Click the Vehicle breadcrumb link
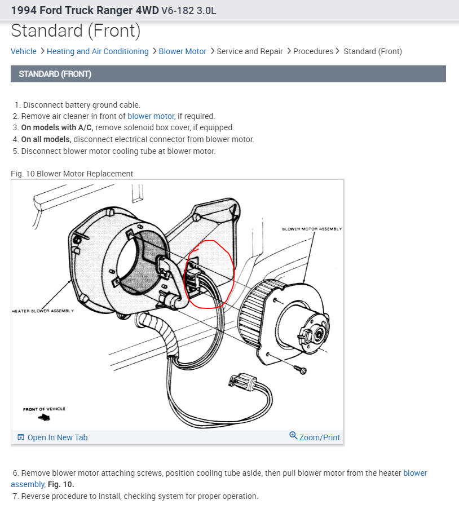tap(24, 51)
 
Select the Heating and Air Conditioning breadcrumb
tap(98, 51)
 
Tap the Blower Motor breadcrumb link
tap(182, 51)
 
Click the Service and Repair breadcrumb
tap(250, 51)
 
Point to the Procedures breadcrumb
tap(313, 51)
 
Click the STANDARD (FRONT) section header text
tap(55, 74)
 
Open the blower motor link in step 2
tap(151, 116)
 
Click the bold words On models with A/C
tap(57, 127)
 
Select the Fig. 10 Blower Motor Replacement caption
tap(72, 174)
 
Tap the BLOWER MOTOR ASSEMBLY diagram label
tap(312, 229)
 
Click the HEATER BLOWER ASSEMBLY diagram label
tap(43, 311)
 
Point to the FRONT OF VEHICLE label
tap(44, 409)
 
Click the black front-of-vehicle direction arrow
tap(43, 418)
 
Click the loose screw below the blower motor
tap(302, 370)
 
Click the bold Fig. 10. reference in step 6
tap(60, 484)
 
